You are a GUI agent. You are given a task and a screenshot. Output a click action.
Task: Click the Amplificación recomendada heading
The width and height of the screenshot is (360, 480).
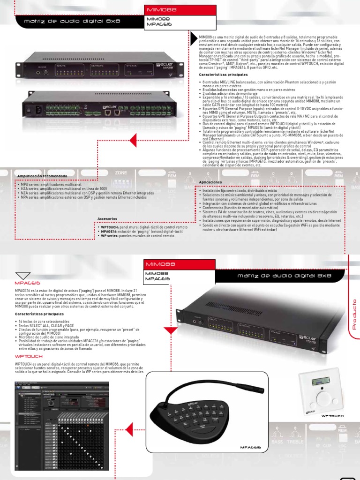pyautogui.click(x=42, y=176)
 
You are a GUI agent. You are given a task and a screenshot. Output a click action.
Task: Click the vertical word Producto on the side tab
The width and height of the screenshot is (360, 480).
pyautogui.click(x=354, y=314)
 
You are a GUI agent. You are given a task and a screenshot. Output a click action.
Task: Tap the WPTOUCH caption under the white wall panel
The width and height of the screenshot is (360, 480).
pyautogui.click(x=332, y=416)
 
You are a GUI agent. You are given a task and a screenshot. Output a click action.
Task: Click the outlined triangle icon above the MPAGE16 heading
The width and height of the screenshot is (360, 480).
pyautogui.click(x=22, y=276)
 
